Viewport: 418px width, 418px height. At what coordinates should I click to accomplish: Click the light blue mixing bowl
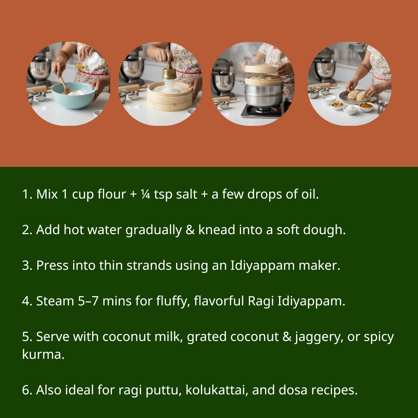click(74, 96)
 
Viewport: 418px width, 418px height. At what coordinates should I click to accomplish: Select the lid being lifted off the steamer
click(262, 69)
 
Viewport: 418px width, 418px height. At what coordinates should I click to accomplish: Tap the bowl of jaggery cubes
click(337, 105)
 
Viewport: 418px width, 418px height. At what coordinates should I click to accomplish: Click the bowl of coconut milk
click(329, 100)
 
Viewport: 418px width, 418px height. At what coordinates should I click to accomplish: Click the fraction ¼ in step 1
click(146, 194)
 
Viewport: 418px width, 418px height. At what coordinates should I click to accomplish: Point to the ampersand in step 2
click(190, 230)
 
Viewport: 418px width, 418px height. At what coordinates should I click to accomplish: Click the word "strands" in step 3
click(149, 266)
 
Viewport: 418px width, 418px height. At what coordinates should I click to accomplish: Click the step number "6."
click(27, 390)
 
